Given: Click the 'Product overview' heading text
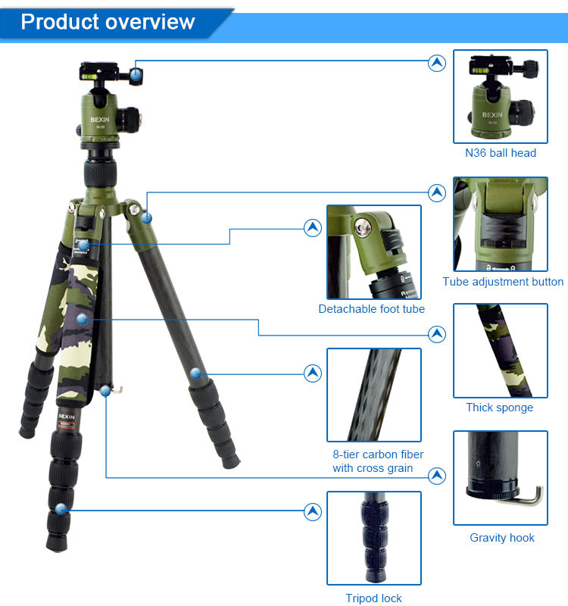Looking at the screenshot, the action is click(108, 22).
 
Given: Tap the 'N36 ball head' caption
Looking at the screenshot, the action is click(501, 153).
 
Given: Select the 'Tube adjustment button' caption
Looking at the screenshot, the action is click(503, 282).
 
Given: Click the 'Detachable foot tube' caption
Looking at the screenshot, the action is click(371, 309).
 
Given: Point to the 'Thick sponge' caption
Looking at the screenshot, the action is click(499, 408).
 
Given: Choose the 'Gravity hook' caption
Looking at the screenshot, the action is click(502, 538).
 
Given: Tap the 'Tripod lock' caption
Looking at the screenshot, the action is click(373, 598).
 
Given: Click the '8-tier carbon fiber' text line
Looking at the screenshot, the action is click(378, 454).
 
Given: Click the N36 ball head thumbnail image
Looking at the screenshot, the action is click(501, 96).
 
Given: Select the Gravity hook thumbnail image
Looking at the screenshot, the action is click(501, 478).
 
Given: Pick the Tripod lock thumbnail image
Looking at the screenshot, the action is click(373, 538).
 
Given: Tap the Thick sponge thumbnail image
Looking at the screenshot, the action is click(501, 351).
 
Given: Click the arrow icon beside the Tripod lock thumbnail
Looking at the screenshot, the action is click(313, 512).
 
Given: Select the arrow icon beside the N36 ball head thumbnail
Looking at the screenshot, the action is click(437, 63).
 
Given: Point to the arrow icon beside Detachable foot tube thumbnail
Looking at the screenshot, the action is click(313, 228).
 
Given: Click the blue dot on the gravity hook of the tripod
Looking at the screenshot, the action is click(105, 391).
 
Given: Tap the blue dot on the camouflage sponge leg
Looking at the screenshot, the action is click(82, 319).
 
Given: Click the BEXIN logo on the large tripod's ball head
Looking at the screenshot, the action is click(100, 120).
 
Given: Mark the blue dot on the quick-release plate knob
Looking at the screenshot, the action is click(136, 73).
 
